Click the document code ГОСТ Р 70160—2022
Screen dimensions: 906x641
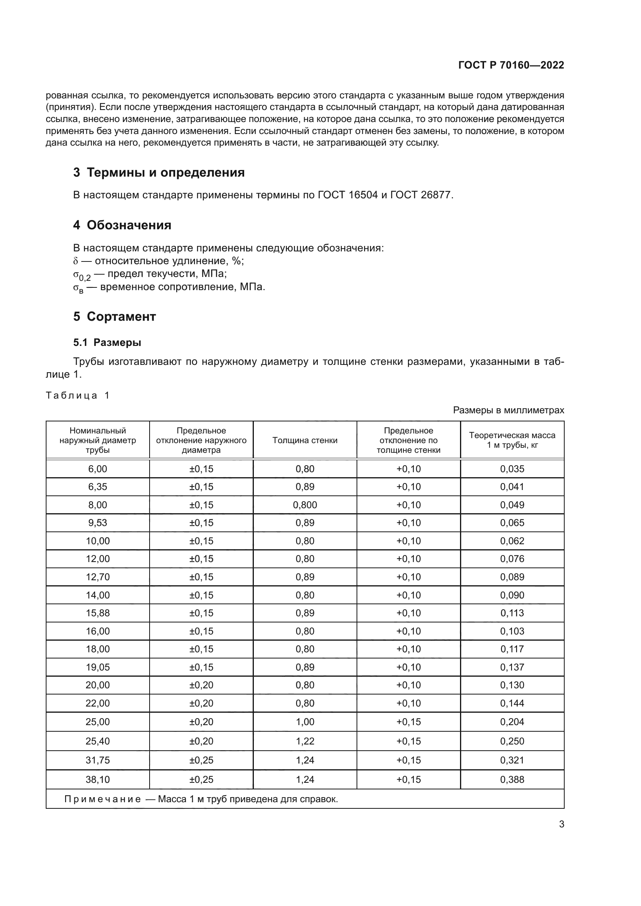[x=511, y=65]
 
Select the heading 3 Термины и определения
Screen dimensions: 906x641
[x=159, y=172]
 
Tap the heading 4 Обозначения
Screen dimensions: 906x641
[x=122, y=225]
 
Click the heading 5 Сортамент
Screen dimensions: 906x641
[x=114, y=316]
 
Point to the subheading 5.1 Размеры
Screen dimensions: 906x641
[x=107, y=342]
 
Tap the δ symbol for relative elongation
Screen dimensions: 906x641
[x=76, y=261]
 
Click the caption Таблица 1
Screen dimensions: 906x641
[x=78, y=395]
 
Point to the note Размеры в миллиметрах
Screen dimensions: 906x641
[x=508, y=410]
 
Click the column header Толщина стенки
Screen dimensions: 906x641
[x=305, y=440]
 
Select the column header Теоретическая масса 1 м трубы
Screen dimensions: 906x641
[x=512, y=440]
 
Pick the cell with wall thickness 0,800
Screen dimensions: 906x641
[x=305, y=505]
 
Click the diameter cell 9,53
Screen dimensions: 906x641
[x=98, y=523]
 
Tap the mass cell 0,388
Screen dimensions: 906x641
[x=512, y=779]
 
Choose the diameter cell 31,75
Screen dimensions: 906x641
[x=98, y=760]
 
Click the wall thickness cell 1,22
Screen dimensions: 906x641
[x=305, y=741]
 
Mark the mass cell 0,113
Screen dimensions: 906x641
[x=512, y=613]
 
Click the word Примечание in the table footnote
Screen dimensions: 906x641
[x=103, y=799]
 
